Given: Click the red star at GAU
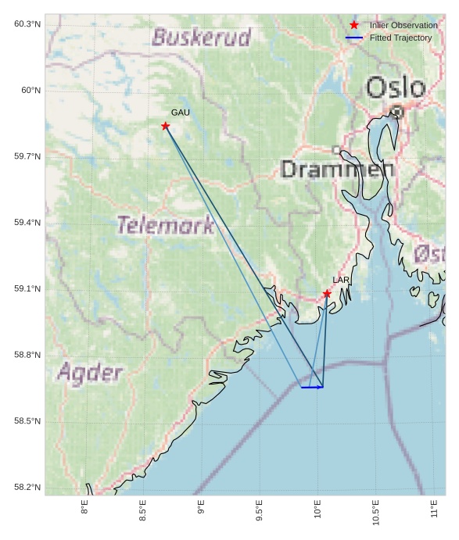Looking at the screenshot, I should (166, 126).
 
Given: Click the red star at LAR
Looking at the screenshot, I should (327, 294).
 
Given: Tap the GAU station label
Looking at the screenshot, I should (181, 113).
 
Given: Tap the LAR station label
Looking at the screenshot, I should (341, 280).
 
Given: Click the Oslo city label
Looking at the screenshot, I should (396, 87).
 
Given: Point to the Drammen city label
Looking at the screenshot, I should (337, 170).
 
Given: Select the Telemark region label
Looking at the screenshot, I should (165, 226).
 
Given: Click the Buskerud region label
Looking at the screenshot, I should (202, 37).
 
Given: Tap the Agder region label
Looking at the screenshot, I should (90, 372).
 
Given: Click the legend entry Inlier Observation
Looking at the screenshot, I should (403, 25).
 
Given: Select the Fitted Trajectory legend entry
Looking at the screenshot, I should (400, 38).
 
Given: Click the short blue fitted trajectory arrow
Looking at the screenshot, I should (312, 387).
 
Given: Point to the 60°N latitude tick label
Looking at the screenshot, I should (30, 91).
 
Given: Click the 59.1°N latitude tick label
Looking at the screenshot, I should (27, 289).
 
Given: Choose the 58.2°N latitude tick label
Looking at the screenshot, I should (27, 488).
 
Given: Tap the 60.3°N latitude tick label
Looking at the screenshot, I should (27, 24).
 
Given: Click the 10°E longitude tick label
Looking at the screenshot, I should (318, 510).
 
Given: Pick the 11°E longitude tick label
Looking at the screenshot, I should (435, 510).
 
